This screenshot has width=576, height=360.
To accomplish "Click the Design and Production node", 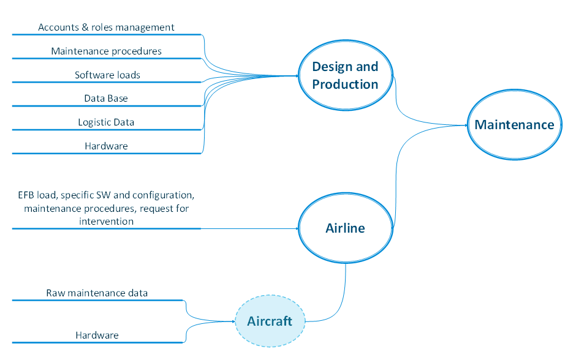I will (x=345, y=75).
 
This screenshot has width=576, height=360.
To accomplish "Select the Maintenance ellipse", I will (x=514, y=125).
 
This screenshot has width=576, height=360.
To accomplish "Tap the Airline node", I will (x=345, y=228).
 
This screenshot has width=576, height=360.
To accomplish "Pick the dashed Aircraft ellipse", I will (x=270, y=321).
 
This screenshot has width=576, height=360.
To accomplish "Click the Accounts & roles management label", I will (x=106, y=28).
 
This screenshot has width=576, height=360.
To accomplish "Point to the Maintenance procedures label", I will (x=106, y=51).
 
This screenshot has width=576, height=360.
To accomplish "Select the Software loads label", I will (x=107, y=75).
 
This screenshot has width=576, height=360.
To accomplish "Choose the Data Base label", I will (x=106, y=98).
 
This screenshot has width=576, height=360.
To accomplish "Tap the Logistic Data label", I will (x=106, y=122).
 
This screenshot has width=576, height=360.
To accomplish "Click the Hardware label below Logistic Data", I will (x=106, y=146).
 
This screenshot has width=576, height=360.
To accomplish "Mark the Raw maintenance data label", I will (x=97, y=293).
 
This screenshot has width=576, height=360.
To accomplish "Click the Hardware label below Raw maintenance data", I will (x=97, y=335).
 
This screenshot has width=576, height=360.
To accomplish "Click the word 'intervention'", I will (x=106, y=220).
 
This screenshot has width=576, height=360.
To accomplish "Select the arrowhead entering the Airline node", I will (x=297, y=228).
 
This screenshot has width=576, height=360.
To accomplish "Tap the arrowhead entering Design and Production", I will (x=296, y=76).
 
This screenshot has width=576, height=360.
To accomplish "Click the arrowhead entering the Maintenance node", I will (x=466, y=125).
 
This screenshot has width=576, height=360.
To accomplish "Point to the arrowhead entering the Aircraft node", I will (x=233, y=321).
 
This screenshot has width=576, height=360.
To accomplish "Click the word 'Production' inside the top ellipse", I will (x=345, y=84).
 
